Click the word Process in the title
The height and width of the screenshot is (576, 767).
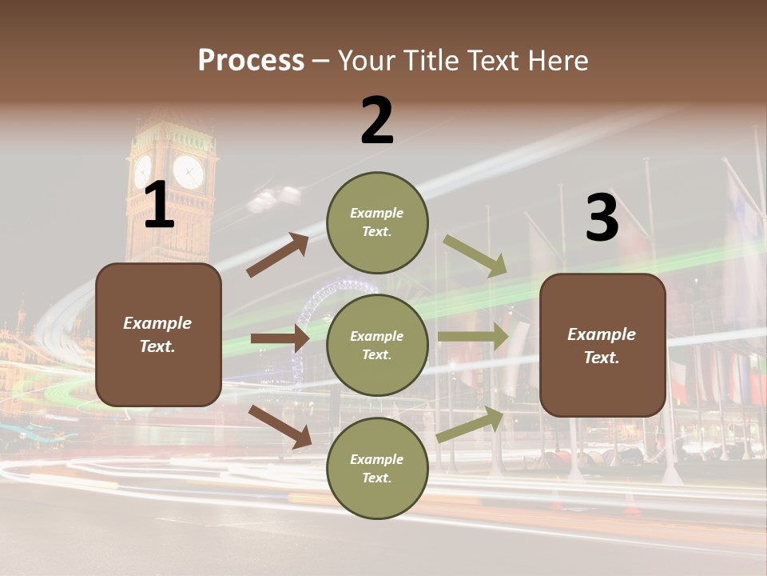(x=251, y=61)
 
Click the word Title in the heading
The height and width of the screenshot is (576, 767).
(x=432, y=61)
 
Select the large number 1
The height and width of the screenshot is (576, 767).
(x=159, y=206)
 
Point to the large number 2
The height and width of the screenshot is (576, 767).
(x=377, y=122)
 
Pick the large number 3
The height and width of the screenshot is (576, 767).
(x=602, y=218)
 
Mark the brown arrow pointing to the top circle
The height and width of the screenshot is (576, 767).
(x=277, y=255)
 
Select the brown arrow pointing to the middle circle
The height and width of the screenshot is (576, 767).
(x=280, y=338)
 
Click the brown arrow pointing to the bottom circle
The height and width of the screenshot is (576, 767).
(x=280, y=426)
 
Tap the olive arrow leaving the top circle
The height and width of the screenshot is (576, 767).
(x=475, y=255)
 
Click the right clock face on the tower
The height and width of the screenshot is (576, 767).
(x=189, y=171)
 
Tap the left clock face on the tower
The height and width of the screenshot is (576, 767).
(x=143, y=171)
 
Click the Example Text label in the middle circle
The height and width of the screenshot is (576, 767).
(x=377, y=346)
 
